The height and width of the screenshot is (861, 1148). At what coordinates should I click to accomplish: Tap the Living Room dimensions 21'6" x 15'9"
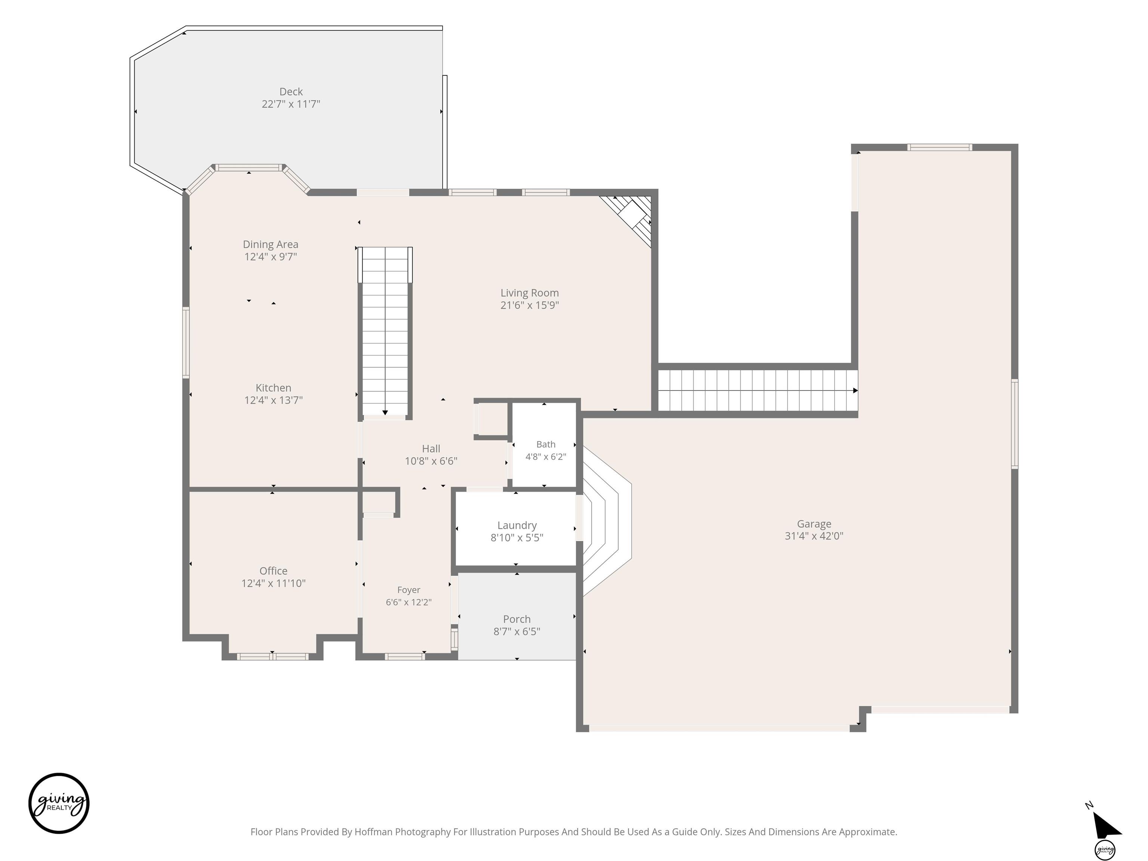530,305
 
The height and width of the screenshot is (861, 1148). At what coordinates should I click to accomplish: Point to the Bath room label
546,444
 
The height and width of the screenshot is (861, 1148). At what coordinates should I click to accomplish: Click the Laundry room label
517,525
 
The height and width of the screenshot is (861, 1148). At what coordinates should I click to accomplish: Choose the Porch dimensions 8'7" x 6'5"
517,632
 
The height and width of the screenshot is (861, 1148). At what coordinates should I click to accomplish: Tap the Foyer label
408,590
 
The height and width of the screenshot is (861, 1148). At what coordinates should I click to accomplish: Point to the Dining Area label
271,244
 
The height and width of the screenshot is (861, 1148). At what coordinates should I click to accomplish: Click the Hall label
431,449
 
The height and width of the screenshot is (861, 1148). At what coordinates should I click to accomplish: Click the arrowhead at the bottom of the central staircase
385,413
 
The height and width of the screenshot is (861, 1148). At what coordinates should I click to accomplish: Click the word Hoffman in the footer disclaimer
374,832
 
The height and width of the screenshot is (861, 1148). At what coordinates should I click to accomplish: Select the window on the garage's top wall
939,147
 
